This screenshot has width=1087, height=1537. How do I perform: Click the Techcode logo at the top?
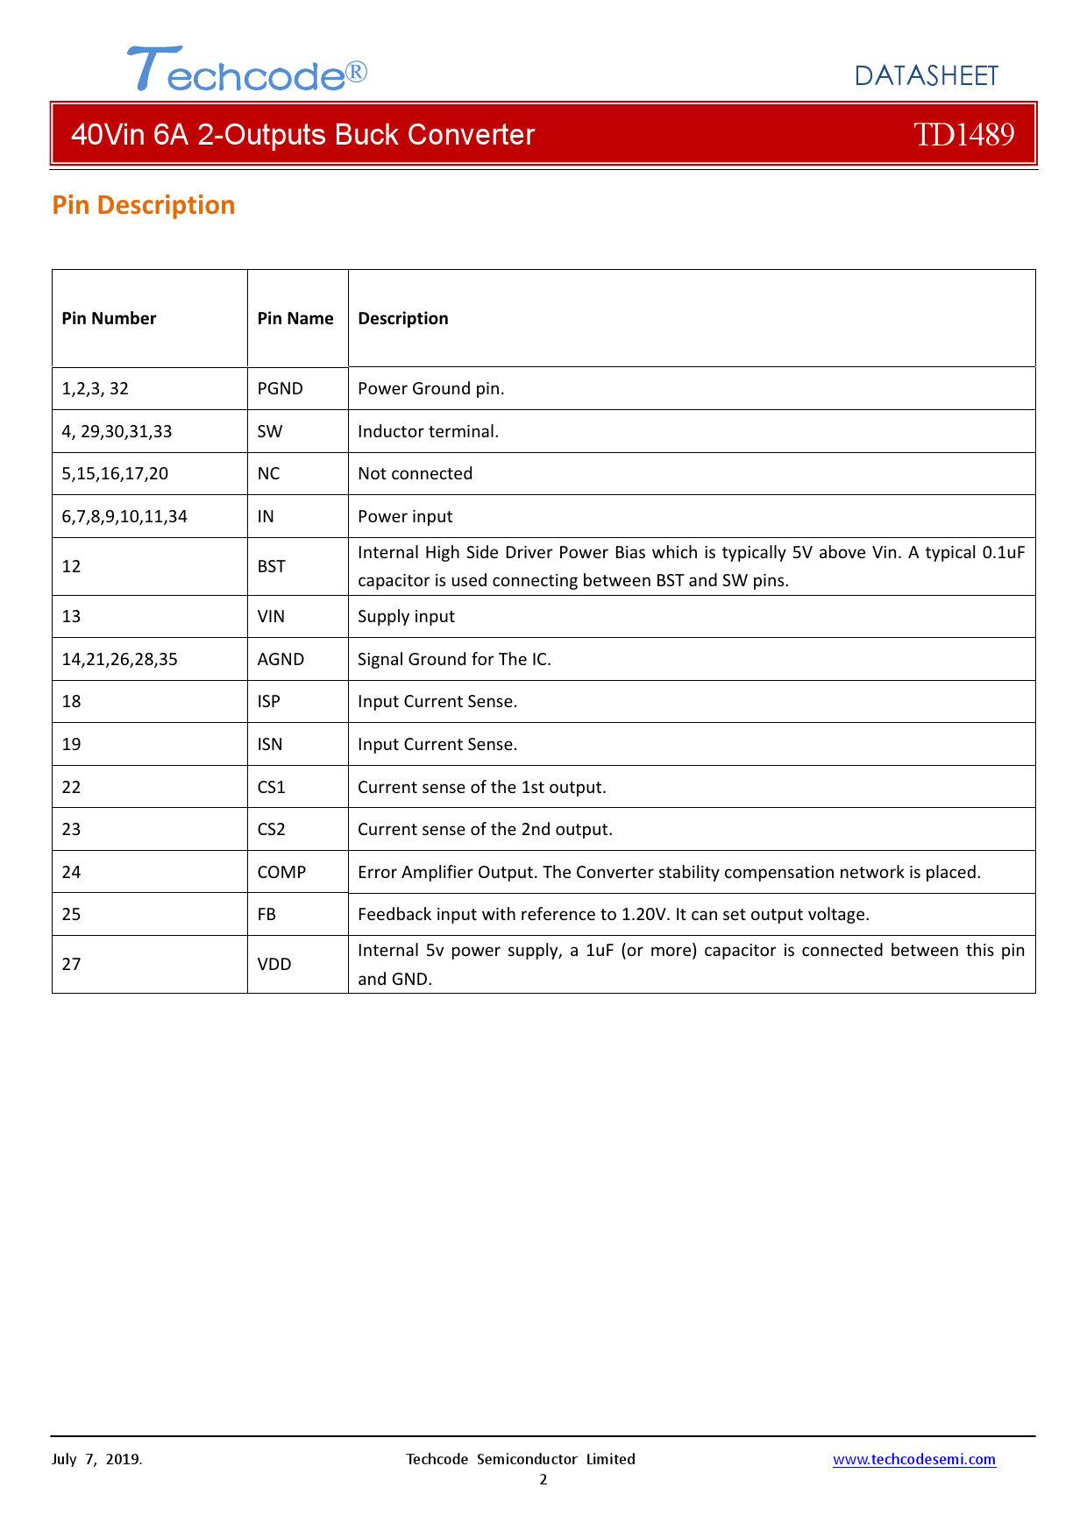pyautogui.click(x=246, y=69)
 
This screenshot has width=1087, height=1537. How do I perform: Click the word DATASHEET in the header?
pyautogui.click(x=926, y=76)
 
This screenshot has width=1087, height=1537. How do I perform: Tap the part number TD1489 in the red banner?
pyautogui.click(x=963, y=134)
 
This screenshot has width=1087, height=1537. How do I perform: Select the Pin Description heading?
pyautogui.click(x=144, y=205)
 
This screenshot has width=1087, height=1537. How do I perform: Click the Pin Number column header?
pyautogui.click(x=109, y=318)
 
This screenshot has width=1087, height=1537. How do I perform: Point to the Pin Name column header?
pyautogui.click(x=295, y=318)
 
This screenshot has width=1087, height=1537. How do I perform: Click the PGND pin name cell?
pyautogui.click(x=280, y=388)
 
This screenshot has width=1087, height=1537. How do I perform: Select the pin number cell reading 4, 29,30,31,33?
pyautogui.click(x=117, y=431)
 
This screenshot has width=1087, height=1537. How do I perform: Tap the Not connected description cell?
pyautogui.click(x=415, y=473)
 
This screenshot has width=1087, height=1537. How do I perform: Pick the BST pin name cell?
pyautogui.click(x=271, y=566)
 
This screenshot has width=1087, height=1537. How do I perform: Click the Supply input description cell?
pyautogui.click(x=406, y=616)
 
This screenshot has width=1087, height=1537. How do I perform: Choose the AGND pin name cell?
pyautogui.click(x=281, y=659)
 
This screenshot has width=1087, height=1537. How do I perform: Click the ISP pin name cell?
pyautogui.click(x=268, y=701)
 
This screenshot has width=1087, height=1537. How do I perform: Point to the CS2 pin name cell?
pyautogui.click(x=271, y=829)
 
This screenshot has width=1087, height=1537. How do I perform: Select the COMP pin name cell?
pyautogui.click(x=281, y=872)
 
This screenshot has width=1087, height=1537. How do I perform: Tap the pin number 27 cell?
pyautogui.click(x=71, y=964)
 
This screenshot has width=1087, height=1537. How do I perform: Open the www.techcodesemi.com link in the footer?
pyautogui.click(x=913, y=1459)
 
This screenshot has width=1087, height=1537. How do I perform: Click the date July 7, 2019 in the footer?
pyautogui.click(x=96, y=1459)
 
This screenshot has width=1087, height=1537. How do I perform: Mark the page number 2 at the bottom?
pyautogui.click(x=543, y=1480)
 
